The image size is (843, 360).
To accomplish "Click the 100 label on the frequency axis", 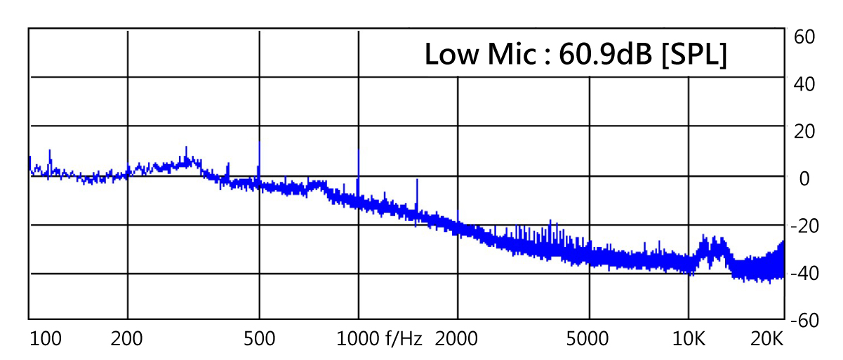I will click(x=46, y=340).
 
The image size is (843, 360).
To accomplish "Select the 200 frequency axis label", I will click(x=127, y=340).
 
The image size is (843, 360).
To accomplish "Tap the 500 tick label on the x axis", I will click(x=259, y=340).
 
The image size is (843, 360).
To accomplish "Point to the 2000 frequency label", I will click(x=456, y=340).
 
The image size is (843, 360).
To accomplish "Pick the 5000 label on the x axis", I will click(x=588, y=340).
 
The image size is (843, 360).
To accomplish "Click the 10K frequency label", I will click(x=689, y=340).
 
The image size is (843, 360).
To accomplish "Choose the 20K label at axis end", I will click(x=766, y=340).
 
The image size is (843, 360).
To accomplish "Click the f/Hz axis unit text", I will click(x=404, y=340).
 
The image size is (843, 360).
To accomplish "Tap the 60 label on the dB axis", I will click(x=803, y=36).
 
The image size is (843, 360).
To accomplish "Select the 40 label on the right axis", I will click(x=803, y=84).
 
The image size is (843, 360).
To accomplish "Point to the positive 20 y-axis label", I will click(x=803, y=131).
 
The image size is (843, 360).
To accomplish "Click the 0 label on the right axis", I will click(x=804, y=178).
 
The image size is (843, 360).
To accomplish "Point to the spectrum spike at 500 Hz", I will click(x=260, y=144).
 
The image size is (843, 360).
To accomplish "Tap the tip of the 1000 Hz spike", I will click(x=359, y=151).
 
